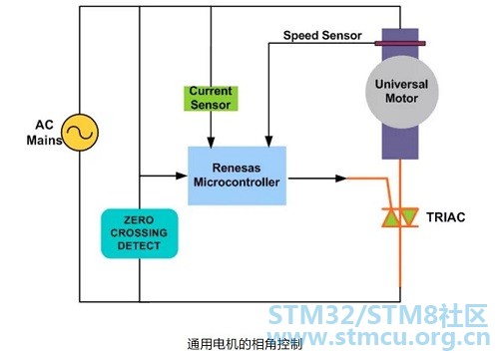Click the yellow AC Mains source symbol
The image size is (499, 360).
(x=80, y=133)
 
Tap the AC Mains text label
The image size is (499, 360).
(x=44, y=133)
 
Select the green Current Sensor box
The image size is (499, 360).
(x=211, y=98)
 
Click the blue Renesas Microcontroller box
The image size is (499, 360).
(x=237, y=176)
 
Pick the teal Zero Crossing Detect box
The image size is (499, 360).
(x=140, y=233)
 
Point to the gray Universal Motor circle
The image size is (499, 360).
(x=402, y=92)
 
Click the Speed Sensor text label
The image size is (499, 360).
(x=322, y=35)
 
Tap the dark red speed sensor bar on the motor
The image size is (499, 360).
(x=400, y=43)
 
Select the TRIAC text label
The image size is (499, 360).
(x=446, y=217)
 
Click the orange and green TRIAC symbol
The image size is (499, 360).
(x=400, y=217)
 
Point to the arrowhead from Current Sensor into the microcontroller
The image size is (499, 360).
(x=211, y=142)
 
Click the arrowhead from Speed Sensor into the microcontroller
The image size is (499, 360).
(x=268, y=142)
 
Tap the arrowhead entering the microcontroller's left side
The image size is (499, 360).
(x=182, y=176)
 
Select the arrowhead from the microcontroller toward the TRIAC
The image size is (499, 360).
(x=341, y=179)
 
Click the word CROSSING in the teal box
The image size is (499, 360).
(x=139, y=232)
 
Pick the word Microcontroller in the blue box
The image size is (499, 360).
(x=237, y=182)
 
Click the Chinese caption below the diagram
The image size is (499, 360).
(x=245, y=344)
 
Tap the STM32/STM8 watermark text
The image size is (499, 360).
(x=378, y=315)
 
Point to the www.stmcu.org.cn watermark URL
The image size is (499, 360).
(x=378, y=337)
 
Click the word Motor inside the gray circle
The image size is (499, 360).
(x=402, y=99)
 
